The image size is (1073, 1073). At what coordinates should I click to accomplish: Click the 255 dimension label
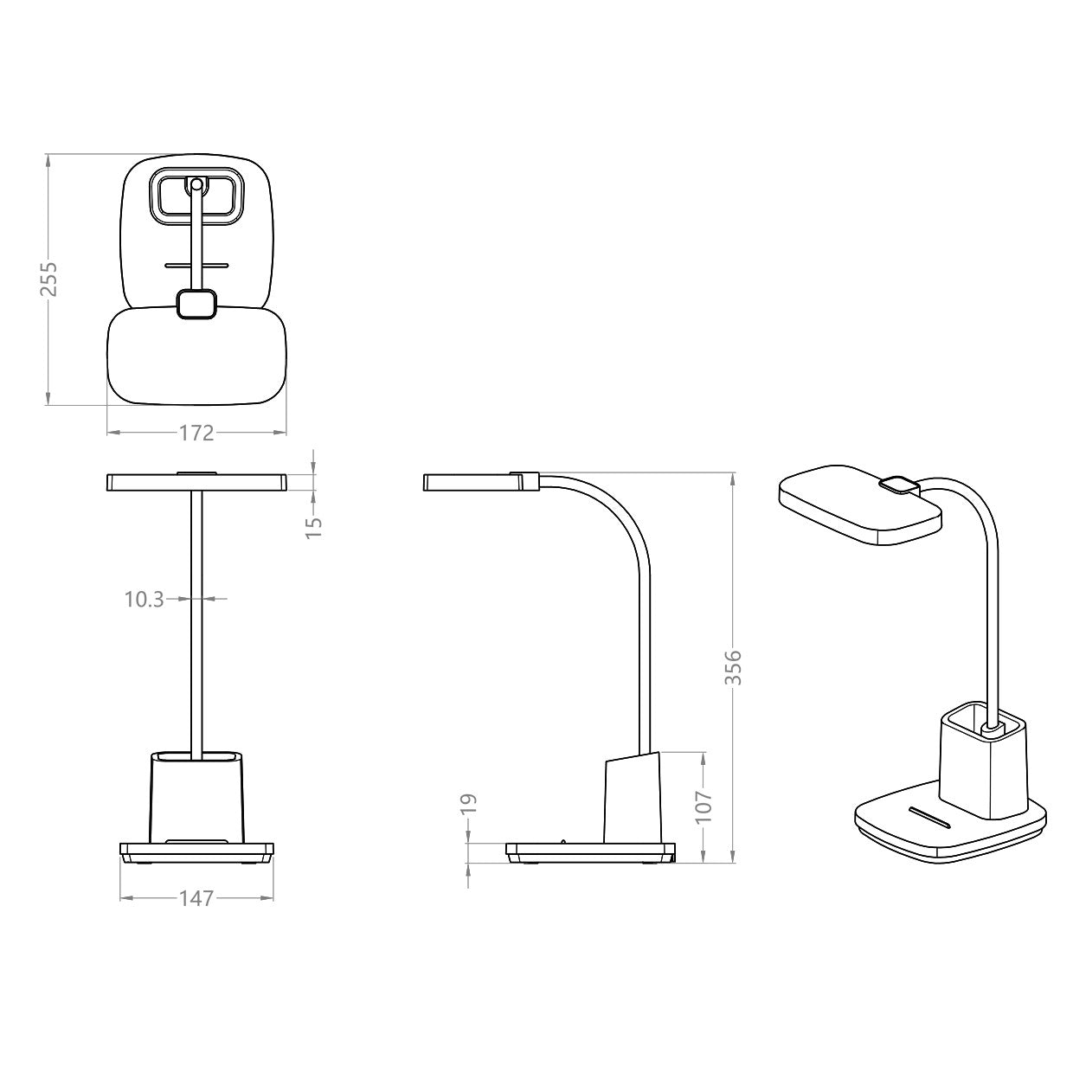point(51,278)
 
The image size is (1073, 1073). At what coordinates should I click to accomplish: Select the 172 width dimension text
point(196,433)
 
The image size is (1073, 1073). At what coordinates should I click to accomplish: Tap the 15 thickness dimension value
point(315,524)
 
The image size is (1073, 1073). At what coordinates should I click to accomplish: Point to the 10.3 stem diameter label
point(144,598)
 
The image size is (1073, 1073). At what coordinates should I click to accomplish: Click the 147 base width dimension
point(196,898)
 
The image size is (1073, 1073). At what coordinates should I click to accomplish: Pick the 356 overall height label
point(733,666)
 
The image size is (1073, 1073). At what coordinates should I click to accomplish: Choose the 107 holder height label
point(704,806)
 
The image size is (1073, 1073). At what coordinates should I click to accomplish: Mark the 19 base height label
point(468,803)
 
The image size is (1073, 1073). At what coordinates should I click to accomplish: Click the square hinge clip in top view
point(196,305)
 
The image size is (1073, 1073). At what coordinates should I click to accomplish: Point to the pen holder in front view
point(196,796)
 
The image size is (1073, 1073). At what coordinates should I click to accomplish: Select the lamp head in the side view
point(472,482)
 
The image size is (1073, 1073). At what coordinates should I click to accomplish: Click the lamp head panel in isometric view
point(857,506)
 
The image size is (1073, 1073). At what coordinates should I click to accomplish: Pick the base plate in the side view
point(588,852)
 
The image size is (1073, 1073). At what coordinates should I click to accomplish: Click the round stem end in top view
point(196,183)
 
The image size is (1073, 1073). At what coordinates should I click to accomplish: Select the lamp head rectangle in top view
point(196,357)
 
